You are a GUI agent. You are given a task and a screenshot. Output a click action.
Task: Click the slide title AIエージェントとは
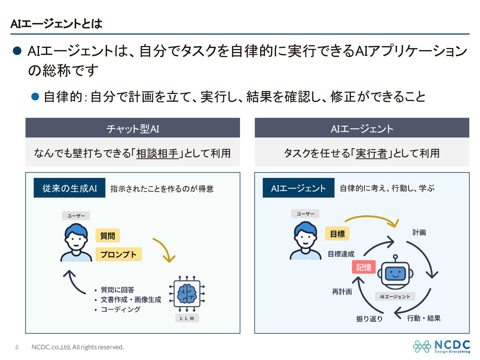(x=56, y=24)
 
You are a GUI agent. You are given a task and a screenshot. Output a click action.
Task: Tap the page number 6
(x=17, y=347)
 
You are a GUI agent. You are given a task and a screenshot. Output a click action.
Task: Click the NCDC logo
(x=441, y=346)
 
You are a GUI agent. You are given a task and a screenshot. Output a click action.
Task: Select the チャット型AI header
(x=133, y=128)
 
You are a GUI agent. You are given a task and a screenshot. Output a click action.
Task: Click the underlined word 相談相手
(x=157, y=153)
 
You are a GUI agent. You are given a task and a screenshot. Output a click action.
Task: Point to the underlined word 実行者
(x=371, y=153)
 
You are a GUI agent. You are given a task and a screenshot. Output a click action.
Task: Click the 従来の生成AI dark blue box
(x=69, y=188)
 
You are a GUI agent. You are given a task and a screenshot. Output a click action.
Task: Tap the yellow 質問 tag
(x=107, y=236)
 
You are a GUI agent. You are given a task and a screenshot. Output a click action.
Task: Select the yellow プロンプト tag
(x=118, y=254)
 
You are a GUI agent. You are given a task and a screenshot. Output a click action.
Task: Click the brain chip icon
(x=187, y=294)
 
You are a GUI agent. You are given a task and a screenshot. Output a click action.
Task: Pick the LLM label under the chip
(x=187, y=318)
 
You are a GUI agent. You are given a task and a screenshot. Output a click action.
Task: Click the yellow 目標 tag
(x=337, y=234)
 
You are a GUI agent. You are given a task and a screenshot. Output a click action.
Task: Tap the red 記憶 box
(x=364, y=267)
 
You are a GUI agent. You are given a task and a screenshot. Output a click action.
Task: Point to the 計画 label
(x=419, y=232)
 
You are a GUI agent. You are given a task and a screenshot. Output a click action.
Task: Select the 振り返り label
(x=369, y=319)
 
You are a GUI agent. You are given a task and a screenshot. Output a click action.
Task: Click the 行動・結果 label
(x=424, y=318)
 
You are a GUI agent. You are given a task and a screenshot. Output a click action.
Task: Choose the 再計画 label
(x=342, y=292)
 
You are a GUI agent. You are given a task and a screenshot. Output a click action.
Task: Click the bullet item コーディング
(x=121, y=309)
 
